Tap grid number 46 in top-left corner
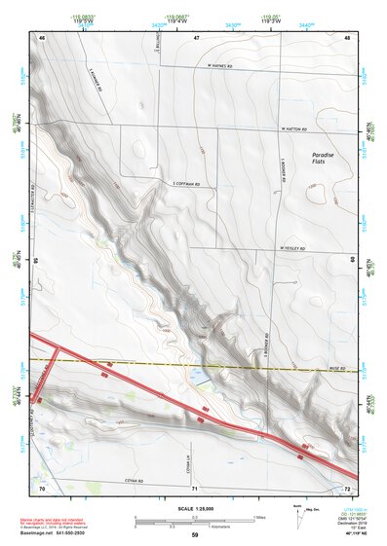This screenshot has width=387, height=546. (x=42, y=36)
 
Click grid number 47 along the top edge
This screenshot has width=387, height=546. (x=195, y=36)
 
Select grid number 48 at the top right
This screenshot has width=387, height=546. (x=348, y=36)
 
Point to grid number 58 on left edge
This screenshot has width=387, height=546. (x=37, y=261)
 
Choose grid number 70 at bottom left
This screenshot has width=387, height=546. (x=42, y=486)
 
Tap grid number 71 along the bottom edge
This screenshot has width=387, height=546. (x=195, y=486)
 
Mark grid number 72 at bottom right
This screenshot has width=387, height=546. (x=348, y=486)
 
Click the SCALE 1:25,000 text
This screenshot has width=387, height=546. (x=195, y=509)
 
